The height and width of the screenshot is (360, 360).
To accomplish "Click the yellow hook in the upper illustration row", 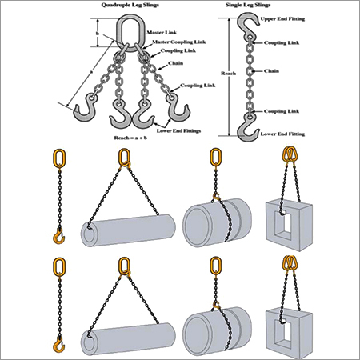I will (58, 236).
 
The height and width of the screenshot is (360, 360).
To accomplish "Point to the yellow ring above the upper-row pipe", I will (124, 159).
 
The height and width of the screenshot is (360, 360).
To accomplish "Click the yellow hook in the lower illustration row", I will (58, 345).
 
